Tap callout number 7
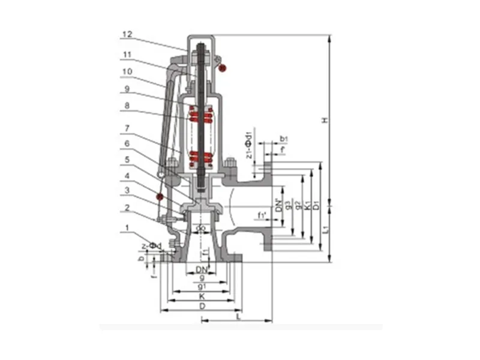tap(127, 128)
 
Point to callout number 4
tap(127, 176)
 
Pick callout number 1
tap(127, 227)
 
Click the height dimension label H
tap(325, 121)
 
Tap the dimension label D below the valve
tap(203, 307)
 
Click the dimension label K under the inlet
tap(203, 296)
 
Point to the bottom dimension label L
tap(238, 316)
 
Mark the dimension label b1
tap(284, 139)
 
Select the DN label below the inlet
tap(202, 270)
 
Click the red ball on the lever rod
tap(159, 196)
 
